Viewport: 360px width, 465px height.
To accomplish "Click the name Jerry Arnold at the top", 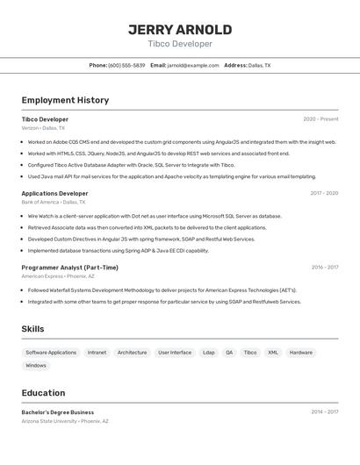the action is tap(180, 30).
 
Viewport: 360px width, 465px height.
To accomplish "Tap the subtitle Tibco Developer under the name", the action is tap(180, 44).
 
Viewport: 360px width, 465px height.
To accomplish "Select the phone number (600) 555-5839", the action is tap(126, 65).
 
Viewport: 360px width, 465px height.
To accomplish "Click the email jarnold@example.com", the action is tap(192, 65).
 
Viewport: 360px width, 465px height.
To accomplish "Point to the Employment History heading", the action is tap(65, 100).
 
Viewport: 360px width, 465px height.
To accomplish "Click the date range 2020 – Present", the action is tap(320, 119).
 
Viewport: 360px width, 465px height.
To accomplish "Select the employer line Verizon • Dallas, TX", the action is tap(43, 128).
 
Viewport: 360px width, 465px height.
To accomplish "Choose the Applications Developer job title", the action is tap(54, 193).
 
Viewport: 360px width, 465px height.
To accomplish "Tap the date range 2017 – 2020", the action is tap(324, 193).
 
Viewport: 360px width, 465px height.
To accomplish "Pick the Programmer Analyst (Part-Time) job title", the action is tap(69, 268).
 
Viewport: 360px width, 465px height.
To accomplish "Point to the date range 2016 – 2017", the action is tap(324, 268).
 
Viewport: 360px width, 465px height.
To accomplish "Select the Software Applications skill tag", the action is tap(51, 353).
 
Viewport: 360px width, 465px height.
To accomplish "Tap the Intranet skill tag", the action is tap(97, 353).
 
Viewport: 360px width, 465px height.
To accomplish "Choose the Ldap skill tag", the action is tap(208, 353).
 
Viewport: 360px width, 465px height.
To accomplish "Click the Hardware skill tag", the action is tap(300, 353).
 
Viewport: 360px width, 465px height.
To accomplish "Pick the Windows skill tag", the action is tap(36, 366).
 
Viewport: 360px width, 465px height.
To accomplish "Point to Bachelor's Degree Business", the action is tap(58, 411).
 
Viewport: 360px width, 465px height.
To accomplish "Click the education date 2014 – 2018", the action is tap(324, 411).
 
